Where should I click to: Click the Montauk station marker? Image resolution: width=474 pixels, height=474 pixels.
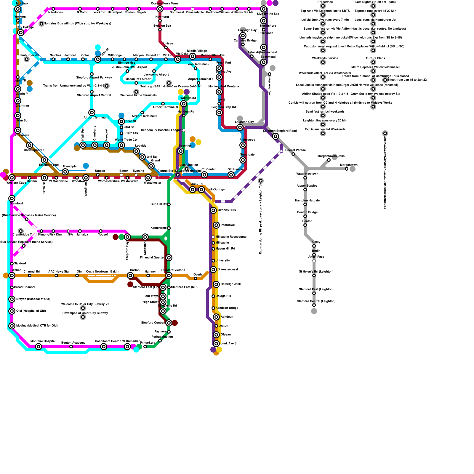[18, 9]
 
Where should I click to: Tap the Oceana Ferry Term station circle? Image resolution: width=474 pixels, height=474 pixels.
[160, 9]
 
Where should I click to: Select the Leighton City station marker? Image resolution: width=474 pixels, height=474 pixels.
[240, 127]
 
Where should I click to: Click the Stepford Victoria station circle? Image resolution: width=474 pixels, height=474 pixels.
[169, 276]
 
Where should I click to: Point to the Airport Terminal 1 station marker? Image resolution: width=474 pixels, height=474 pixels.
[92, 113]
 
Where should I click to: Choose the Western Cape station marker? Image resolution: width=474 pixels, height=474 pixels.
[12, 178]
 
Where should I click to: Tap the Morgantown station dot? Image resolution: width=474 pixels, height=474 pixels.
[347, 169]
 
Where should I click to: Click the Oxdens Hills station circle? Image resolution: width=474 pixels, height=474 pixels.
[213, 210]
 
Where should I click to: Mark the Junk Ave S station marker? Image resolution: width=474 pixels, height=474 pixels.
[216, 344]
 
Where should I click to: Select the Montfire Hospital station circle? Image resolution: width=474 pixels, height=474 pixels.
[39, 347]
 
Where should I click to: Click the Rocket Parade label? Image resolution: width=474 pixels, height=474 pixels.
[295, 150]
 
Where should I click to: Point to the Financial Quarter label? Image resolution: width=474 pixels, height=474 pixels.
[152, 257]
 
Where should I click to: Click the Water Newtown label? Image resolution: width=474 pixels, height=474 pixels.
[307, 174]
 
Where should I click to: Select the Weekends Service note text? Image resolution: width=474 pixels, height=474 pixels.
[325, 58]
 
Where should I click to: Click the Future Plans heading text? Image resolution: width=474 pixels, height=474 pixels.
[375, 58]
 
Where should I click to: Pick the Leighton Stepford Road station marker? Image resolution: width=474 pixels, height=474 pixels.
[276, 136]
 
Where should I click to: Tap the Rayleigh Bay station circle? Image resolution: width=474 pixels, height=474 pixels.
[243, 36]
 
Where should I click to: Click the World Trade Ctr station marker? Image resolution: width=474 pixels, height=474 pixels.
[121, 145]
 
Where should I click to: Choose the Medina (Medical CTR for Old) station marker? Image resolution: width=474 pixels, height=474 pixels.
[12, 326]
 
